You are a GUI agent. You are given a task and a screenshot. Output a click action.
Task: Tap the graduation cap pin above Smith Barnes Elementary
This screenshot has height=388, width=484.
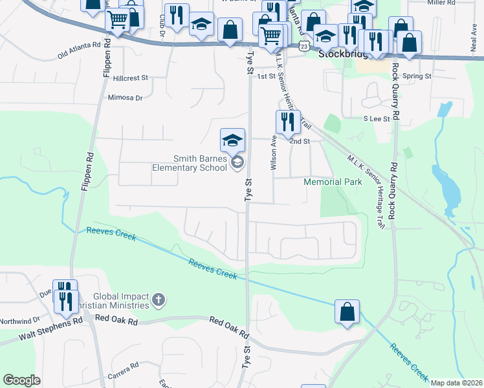pos(232,140)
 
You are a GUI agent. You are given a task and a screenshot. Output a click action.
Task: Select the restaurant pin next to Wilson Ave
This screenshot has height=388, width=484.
pos(288,122)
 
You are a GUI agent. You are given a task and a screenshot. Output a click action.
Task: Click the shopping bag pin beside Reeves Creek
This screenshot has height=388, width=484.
pos(347,312)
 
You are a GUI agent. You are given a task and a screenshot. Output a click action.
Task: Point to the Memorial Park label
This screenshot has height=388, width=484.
pos(333,182)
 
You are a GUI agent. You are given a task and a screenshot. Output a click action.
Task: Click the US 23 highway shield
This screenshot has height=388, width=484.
pos(304,47)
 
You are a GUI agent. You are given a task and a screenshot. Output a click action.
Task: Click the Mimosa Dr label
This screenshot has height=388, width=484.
pos(125,98)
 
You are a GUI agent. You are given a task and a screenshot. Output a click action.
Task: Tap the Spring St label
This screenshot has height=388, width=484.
pos(417,76)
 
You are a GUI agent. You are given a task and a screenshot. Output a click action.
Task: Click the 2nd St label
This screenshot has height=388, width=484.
pos(300,141)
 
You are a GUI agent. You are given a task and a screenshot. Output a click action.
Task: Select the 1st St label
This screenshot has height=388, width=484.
pos(266,76)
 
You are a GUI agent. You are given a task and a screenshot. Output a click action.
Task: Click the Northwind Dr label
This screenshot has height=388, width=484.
pos(19,319)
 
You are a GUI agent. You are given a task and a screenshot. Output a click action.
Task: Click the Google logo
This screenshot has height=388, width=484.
pos(21,381)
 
